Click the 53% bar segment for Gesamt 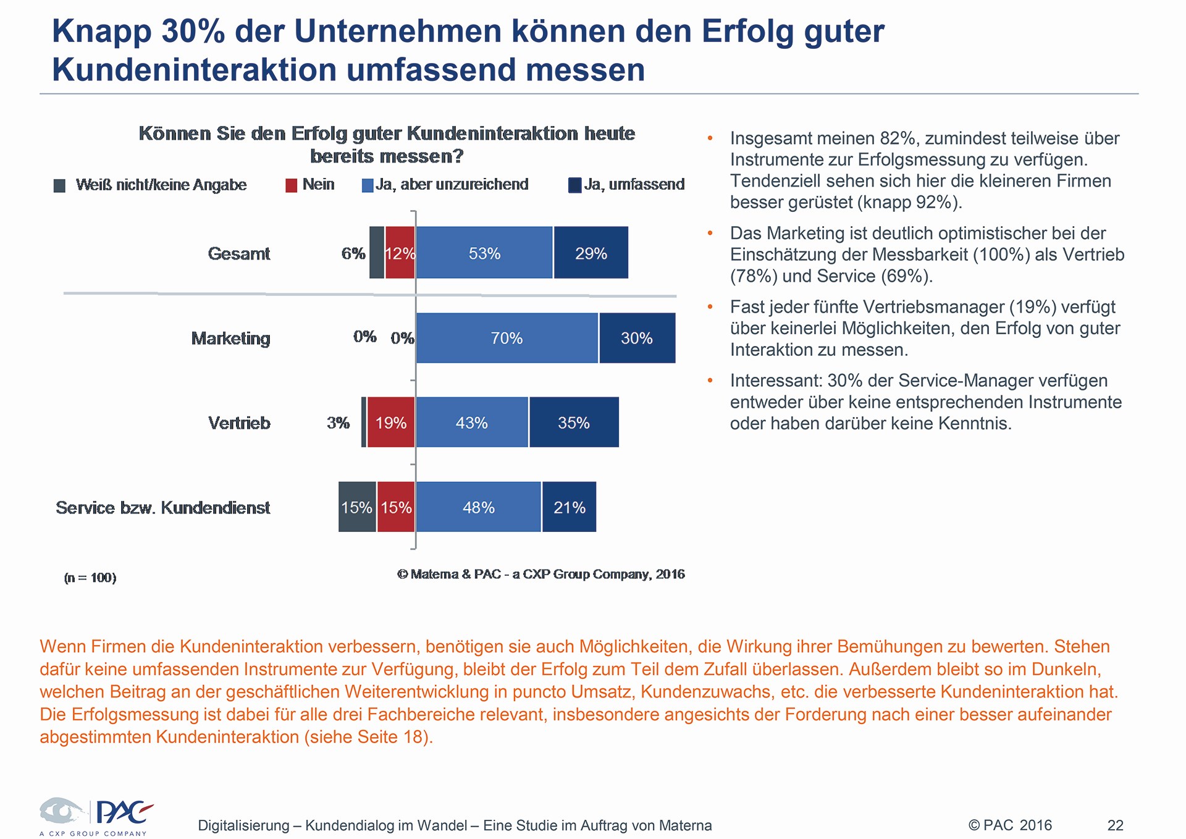tap(484, 253)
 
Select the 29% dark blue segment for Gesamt tap(591, 253)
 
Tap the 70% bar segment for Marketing tap(507, 338)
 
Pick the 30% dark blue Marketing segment tap(637, 338)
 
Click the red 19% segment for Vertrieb tap(391, 422)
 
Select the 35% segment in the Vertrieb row tap(574, 422)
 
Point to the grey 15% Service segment tap(357, 507)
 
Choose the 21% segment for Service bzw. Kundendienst tap(569, 507)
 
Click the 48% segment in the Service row tap(479, 507)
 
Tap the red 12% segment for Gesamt tap(400, 253)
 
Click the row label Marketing tap(231, 339)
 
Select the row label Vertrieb tap(239, 423)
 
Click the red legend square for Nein tap(292, 185)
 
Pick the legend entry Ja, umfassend tap(626, 185)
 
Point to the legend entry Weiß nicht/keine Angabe tap(151, 185)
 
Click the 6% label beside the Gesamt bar tap(353, 254)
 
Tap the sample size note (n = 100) tap(90, 578)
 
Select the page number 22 tap(1115, 825)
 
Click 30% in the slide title tap(193, 31)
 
